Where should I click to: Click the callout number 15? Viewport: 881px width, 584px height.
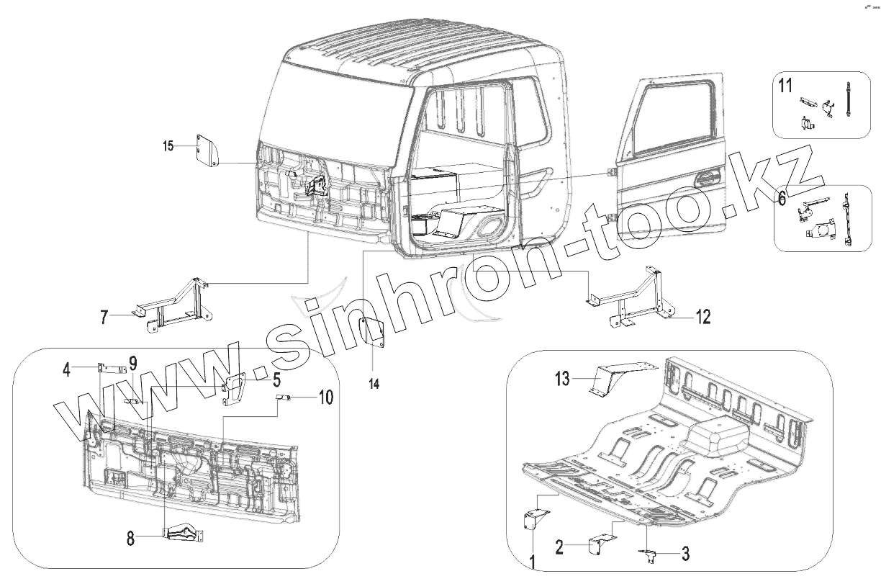(x=168, y=147)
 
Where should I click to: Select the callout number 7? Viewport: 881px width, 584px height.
(x=105, y=317)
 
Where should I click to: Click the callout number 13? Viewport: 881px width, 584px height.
(x=562, y=377)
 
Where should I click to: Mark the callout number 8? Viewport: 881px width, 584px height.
(x=130, y=536)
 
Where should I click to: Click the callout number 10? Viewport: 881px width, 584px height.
(x=325, y=397)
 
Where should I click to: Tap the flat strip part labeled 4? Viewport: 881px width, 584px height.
(x=109, y=367)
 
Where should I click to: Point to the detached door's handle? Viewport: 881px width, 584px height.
(x=709, y=176)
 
